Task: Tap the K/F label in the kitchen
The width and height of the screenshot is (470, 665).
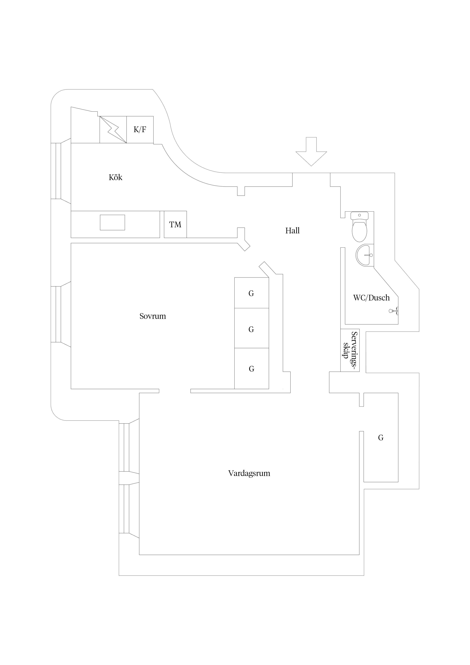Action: click(140, 130)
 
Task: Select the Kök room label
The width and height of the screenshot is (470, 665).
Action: click(116, 177)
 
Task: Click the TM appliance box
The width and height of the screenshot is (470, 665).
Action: click(175, 224)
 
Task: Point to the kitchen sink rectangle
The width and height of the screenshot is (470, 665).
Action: click(112, 222)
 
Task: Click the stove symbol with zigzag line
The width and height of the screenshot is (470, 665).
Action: click(113, 130)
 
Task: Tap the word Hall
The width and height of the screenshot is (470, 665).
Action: click(292, 231)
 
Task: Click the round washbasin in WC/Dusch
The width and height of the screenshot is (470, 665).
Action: click(365, 255)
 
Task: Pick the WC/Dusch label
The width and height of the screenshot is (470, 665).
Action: click(371, 298)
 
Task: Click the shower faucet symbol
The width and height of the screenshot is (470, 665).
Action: click(393, 311)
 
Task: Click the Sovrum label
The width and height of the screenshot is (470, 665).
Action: click(153, 316)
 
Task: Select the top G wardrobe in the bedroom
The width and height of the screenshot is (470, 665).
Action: click(251, 293)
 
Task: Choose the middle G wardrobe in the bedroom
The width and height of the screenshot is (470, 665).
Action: click(251, 329)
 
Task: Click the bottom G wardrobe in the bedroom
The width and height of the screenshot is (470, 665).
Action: click(251, 369)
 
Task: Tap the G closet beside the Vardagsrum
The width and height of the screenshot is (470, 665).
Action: click(381, 438)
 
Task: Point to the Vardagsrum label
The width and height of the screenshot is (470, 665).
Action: click(249, 473)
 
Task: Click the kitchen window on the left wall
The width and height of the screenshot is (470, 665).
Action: click(58, 171)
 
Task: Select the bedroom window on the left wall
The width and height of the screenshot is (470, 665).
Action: click(58, 314)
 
